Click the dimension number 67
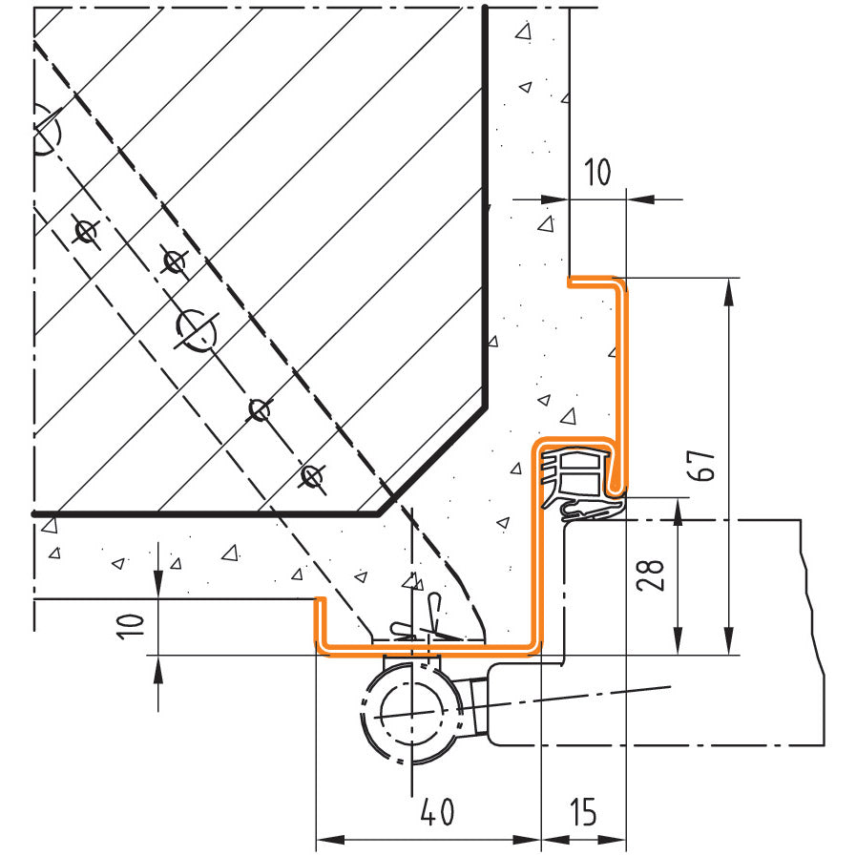701,466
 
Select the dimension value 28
651,575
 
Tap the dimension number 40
437,812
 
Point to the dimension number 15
583,812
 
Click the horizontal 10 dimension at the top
597,172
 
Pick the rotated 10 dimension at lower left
131,626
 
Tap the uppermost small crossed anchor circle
86,232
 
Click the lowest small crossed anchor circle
312,476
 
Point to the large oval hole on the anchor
197,329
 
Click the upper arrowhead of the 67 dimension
728,290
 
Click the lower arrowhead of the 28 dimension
678,641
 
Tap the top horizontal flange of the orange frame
595,282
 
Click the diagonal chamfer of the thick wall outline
431,460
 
